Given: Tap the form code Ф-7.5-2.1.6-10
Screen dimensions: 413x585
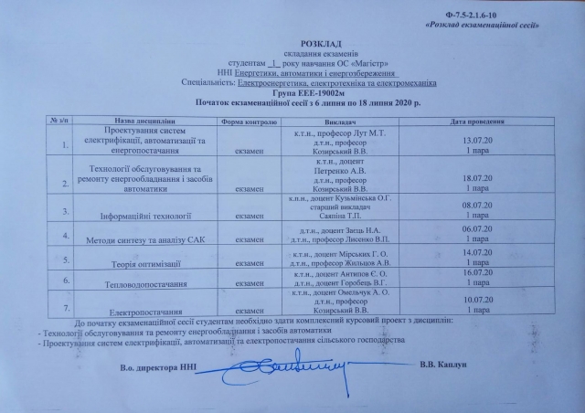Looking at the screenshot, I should (526, 15).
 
